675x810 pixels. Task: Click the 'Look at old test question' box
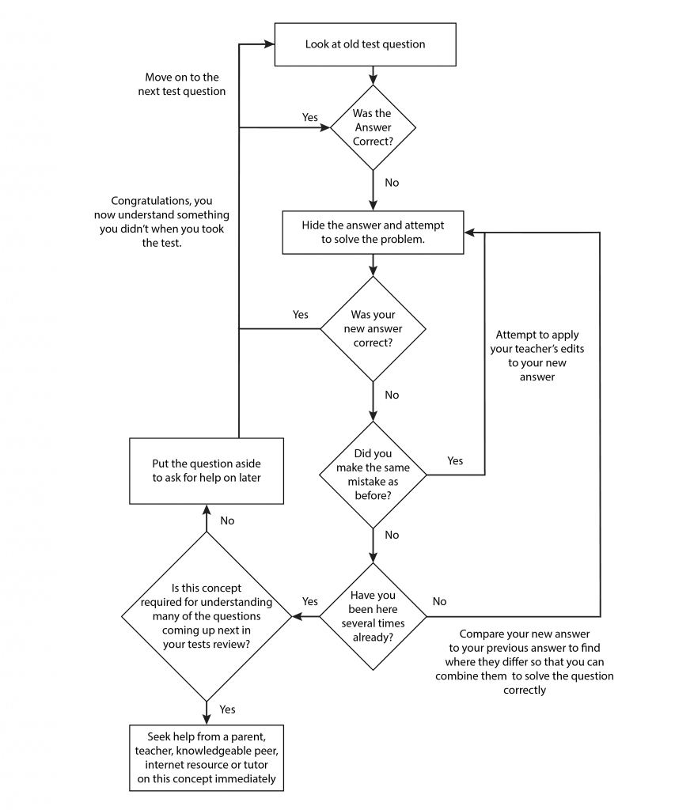(365, 44)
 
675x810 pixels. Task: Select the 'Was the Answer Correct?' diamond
(373, 127)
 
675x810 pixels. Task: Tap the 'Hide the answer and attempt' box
(373, 233)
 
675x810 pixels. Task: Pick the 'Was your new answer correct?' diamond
(373, 329)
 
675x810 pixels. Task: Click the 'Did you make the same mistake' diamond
(373, 475)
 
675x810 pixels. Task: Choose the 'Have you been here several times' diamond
(373, 616)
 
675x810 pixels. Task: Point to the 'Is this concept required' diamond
(207, 616)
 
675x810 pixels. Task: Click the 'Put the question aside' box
(207, 471)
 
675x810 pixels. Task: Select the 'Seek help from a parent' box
(207, 758)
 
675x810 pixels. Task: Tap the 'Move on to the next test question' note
(182, 84)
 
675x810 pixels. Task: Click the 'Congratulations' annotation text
(161, 221)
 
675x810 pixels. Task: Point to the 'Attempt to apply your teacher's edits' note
(537, 355)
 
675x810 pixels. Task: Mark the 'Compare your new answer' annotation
(525, 662)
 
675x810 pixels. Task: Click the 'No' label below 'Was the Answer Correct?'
(392, 183)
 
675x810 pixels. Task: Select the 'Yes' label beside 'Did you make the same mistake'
(455, 460)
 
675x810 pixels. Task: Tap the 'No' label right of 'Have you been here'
(439, 601)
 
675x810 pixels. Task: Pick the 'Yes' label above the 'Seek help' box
(227, 710)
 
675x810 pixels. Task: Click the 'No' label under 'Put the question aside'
(227, 520)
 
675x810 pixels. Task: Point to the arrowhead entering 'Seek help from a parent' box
(207, 720)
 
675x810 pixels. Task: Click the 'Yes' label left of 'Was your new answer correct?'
(300, 315)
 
